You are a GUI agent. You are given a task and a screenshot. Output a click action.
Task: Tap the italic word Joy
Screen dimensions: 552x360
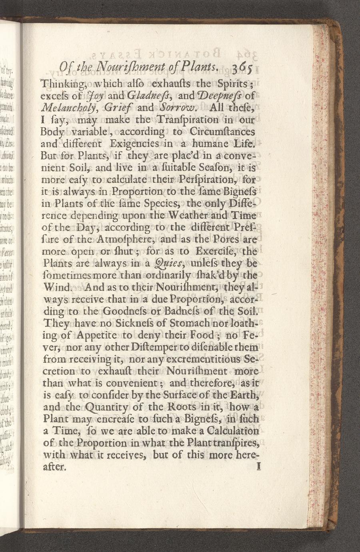(94, 96)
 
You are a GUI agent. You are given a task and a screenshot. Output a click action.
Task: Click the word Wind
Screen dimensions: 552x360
(58, 287)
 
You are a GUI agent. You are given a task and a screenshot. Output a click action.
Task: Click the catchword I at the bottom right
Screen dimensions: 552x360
(260, 466)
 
